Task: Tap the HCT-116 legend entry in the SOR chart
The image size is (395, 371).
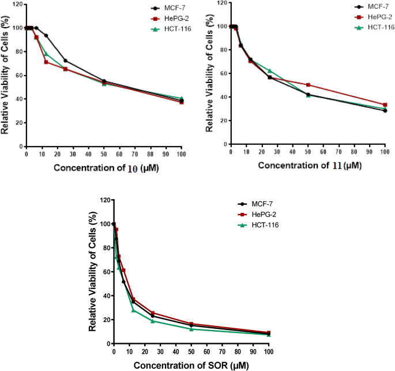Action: tap(265, 223)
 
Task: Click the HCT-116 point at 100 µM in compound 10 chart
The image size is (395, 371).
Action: tap(181, 99)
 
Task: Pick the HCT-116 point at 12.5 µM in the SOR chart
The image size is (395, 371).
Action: tap(133, 310)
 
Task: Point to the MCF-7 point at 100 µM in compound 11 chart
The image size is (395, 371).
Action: tap(385, 110)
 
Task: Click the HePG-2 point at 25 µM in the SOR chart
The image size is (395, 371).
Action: tap(152, 313)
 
